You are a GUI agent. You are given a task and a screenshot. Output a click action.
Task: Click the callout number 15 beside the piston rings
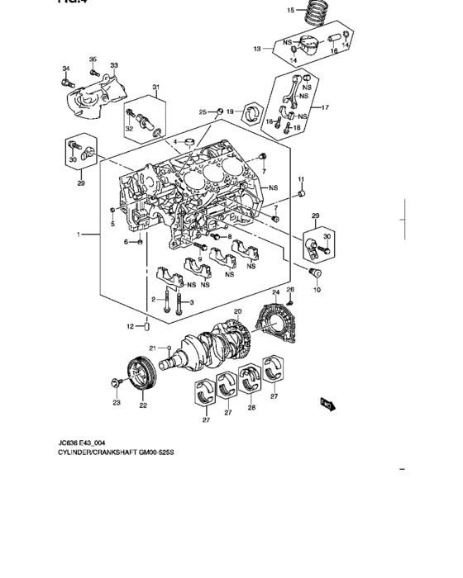290,11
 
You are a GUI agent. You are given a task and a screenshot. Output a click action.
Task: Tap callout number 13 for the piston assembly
258,50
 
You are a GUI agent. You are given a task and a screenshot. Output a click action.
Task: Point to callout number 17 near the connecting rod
325,107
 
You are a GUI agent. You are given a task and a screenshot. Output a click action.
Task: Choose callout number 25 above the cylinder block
203,111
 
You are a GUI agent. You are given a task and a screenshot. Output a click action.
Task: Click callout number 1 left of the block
80,235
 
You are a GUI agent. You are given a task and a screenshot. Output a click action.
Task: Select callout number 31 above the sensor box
155,88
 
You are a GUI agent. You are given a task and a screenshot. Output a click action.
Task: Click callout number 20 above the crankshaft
237,311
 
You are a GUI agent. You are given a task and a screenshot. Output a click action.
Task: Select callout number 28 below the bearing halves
251,408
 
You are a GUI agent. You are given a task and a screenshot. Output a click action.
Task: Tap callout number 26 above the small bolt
290,289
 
